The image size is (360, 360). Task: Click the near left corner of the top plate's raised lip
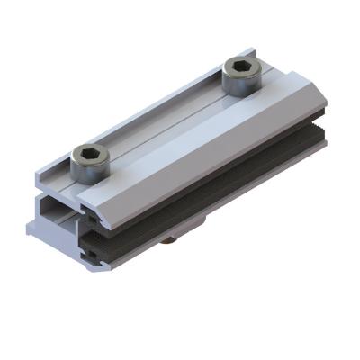click(x=40, y=175)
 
